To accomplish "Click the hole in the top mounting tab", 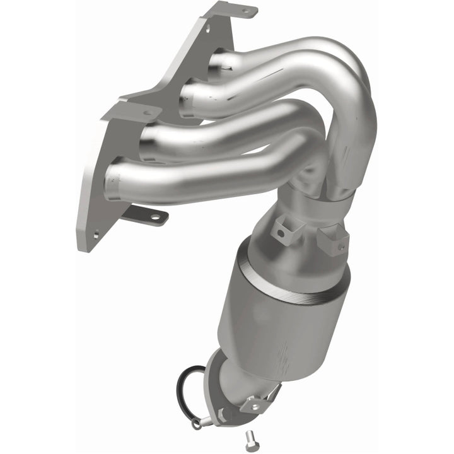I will [246, 11].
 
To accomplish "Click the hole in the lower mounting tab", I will [153, 218].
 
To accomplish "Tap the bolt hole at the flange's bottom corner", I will [96, 234].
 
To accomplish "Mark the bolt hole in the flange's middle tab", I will [147, 113].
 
